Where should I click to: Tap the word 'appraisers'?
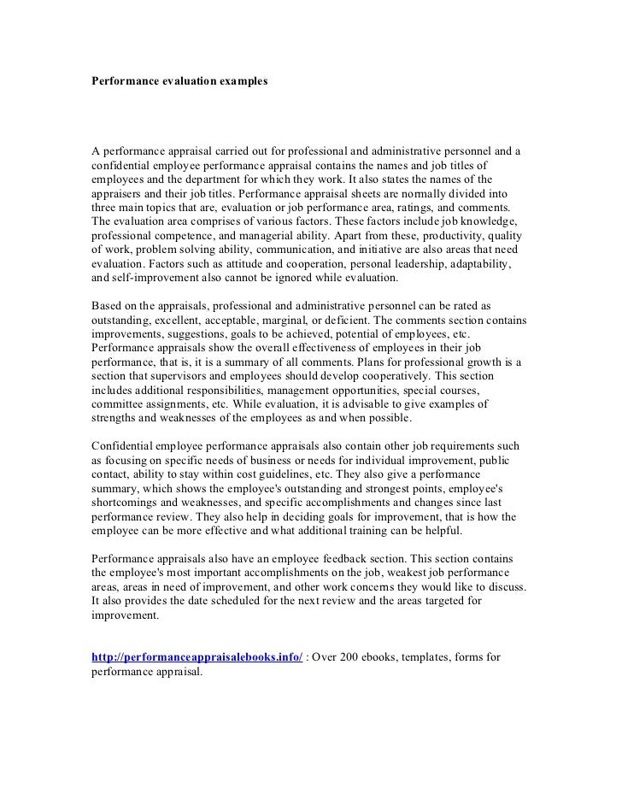click(x=119, y=194)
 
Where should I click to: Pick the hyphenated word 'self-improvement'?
click(x=150, y=278)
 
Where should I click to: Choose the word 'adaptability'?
click(x=474, y=264)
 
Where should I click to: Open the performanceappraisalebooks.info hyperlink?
click(x=197, y=656)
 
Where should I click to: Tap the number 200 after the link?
click(x=353, y=656)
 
